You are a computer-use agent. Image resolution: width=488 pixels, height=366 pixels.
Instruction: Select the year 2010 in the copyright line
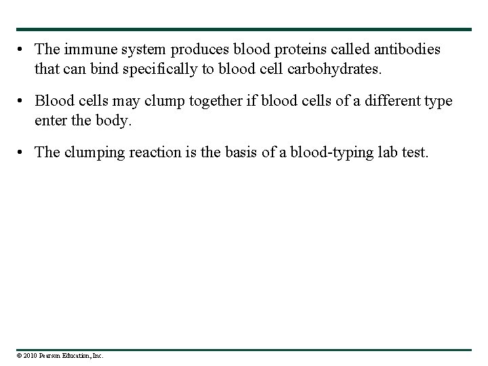[30, 355]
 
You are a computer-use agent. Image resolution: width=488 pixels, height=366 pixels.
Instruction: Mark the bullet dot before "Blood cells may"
[23, 102]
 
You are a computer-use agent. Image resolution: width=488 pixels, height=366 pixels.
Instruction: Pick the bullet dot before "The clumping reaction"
[23, 152]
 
